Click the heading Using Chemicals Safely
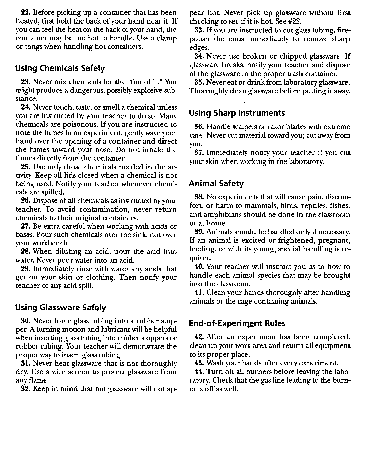60,68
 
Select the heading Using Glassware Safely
61,308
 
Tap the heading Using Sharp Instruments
237,113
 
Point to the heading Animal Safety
216,184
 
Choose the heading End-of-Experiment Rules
237,324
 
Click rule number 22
26,13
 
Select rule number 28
26,252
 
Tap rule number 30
26,321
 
